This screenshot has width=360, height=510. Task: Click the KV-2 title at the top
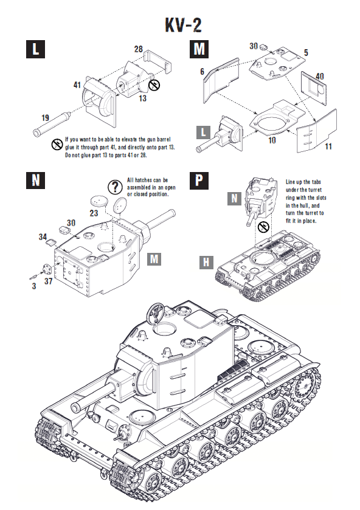click(x=183, y=25)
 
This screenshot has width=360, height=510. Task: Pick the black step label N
click(x=36, y=181)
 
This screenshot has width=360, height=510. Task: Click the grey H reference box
click(x=207, y=262)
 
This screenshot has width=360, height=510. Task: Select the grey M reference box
click(x=154, y=260)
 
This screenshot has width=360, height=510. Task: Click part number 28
click(x=138, y=49)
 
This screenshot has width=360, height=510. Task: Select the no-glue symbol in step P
click(x=263, y=227)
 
